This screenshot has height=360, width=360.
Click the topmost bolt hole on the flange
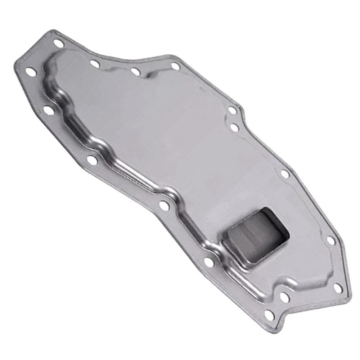point(58,43)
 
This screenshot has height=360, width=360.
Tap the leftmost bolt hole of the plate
point(31,72)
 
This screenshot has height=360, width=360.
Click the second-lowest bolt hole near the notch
point(284,297)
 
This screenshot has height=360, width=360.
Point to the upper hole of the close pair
point(233,110)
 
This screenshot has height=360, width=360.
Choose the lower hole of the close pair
point(235,127)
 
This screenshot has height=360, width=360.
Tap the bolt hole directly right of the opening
point(331,240)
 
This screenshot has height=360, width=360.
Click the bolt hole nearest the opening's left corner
point(209,262)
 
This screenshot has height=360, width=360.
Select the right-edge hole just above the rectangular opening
point(285,174)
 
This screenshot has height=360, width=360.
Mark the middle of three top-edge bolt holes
point(135,72)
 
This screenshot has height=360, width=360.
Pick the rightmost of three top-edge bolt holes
point(175,66)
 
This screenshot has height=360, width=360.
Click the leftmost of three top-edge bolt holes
point(95,64)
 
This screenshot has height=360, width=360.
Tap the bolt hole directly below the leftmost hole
point(49,110)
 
